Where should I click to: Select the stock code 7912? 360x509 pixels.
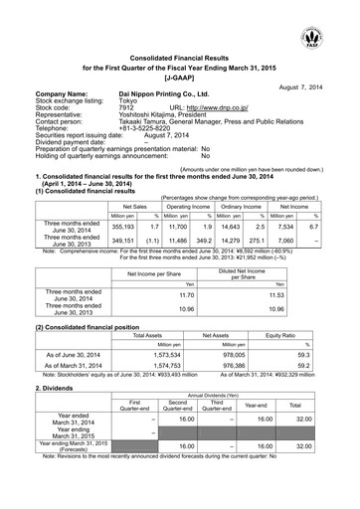pyautogui.click(x=124, y=108)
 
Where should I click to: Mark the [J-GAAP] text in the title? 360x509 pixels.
pyautogui.click(x=179, y=74)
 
